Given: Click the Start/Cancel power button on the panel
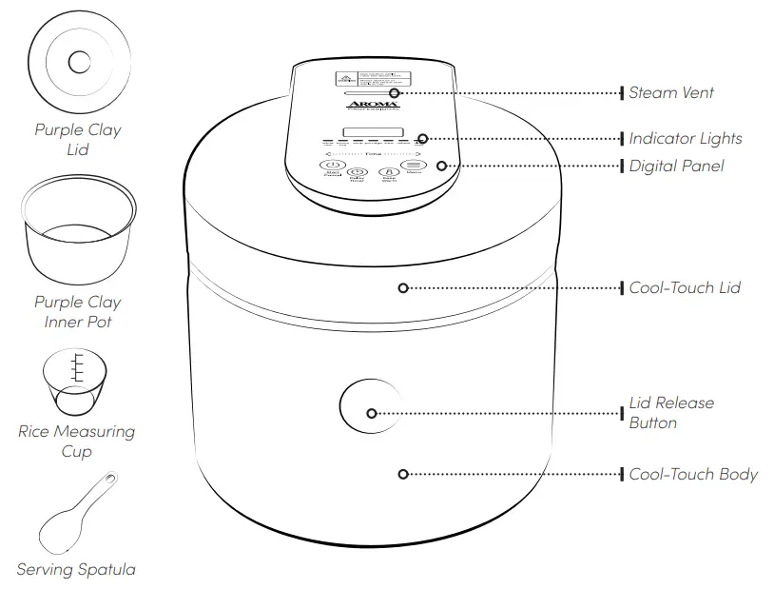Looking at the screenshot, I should [x=333, y=166].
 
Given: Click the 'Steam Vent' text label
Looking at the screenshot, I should [x=671, y=92].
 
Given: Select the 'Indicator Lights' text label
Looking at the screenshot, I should [x=685, y=139].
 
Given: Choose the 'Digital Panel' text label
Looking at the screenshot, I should [x=676, y=166].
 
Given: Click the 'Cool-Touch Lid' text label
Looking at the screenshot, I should [x=685, y=287].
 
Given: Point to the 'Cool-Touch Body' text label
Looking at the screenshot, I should [x=693, y=474].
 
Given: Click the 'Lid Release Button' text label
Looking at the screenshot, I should [x=670, y=413].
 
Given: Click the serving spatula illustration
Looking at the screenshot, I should [x=78, y=514].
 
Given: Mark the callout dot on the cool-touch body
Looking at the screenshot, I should [x=403, y=474].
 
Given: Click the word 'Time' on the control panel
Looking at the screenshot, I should [x=373, y=152].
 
